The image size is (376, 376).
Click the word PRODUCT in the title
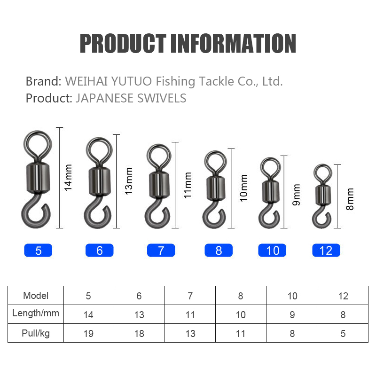123,43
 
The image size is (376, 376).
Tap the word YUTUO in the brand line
132,81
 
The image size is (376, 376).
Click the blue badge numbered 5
38,251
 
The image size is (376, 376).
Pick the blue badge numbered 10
272,251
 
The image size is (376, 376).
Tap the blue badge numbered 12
326,251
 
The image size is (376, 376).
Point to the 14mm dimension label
68,178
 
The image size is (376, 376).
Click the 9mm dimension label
297,195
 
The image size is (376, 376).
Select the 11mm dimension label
187,185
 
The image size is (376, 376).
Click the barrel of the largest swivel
38,178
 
